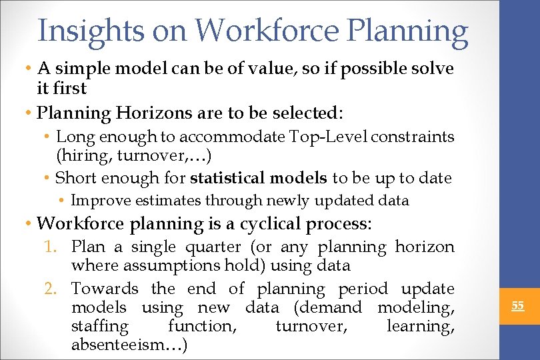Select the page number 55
click(x=517, y=306)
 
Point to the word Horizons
click(x=149, y=113)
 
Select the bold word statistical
click(x=227, y=178)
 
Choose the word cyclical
click(x=261, y=223)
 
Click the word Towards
click(x=105, y=289)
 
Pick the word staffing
click(x=99, y=326)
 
